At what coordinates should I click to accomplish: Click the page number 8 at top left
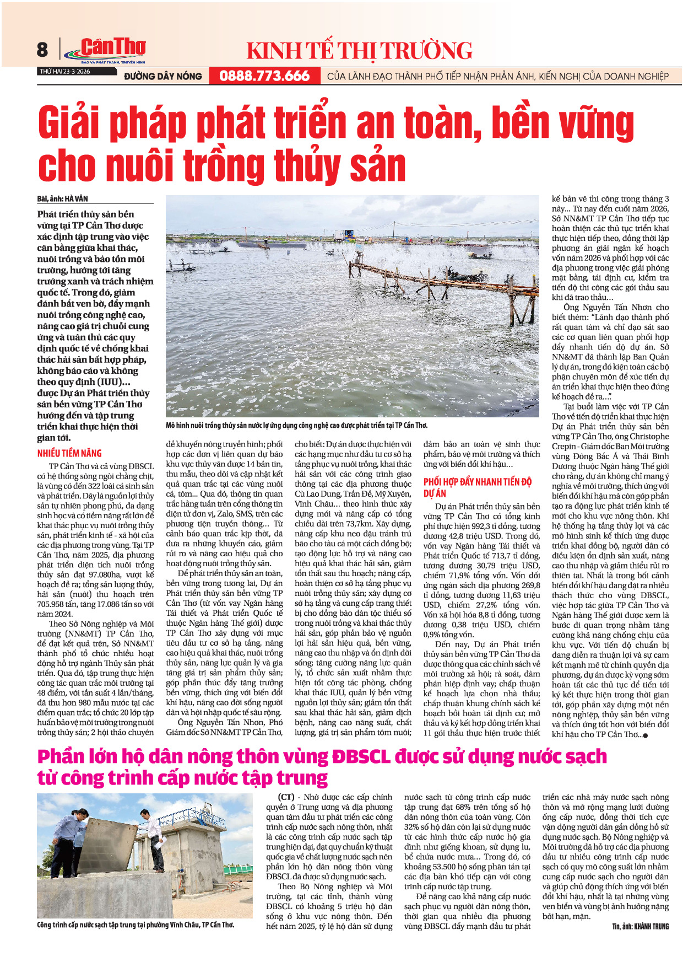pyautogui.click(x=42, y=50)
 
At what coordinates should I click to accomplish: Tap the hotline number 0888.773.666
pyautogui.click(x=264, y=76)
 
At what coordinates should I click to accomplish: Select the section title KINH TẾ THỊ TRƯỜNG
pyautogui.click(x=359, y=51)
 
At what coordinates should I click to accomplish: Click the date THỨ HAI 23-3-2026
pyautogui.click(x=64, y=72)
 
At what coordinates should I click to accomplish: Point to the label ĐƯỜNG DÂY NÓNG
pyautogui.click(x=163, y=77)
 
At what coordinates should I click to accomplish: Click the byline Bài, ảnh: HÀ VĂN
pyautogui.click(x=63, y=198)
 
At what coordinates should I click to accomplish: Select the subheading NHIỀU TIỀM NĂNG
pyautogui.click(x=69, y=453)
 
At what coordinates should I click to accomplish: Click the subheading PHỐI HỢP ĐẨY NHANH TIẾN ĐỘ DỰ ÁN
pyautogui.click(x=477, y=487)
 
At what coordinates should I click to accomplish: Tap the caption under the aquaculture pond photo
pyautogui.click(x=296, y=425)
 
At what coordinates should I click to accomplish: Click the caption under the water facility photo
pyautogui.click(x=135, y=924)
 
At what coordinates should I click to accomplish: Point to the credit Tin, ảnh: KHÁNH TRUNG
pyautogui.click(x=641, y=926)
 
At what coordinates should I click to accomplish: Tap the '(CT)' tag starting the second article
pyautogui.click(x=286, y=797)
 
